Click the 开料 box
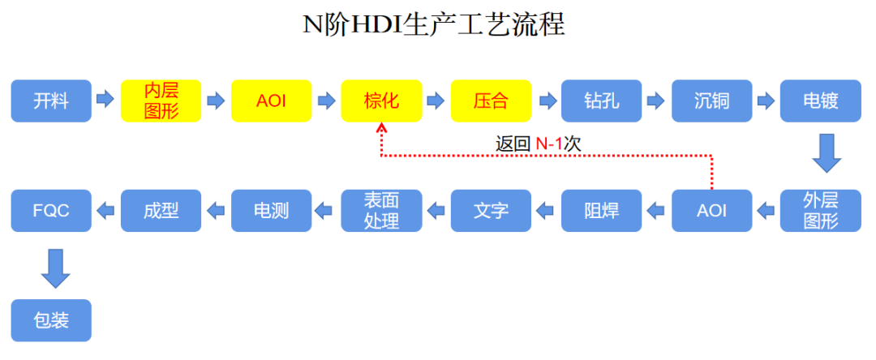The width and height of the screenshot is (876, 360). point(51,101)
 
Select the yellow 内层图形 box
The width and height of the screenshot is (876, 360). point(161,101)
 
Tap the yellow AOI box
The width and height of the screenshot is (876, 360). point(271,101)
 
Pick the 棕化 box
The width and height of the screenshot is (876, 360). point(381,101)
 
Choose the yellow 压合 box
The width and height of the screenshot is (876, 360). point(491,101)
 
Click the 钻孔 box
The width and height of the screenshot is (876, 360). point(601,101)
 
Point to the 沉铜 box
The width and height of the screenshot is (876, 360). point(711,101)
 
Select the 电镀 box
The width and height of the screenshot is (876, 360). point(821,101)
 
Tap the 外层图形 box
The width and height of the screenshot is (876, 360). point(821,211)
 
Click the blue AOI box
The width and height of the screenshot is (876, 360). point(711,211)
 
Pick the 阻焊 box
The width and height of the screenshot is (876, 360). point(601,211)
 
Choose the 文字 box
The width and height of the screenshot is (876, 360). point(491,211)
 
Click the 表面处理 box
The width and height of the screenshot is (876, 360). point(381,211)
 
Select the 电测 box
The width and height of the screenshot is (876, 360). point(271,211)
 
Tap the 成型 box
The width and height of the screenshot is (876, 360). point(161,211)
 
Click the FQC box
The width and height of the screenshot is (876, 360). point(51,211)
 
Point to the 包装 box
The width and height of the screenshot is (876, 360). point(51,320)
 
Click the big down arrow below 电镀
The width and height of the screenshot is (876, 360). point(827,154)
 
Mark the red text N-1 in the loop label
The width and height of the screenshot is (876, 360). point(549,144)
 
